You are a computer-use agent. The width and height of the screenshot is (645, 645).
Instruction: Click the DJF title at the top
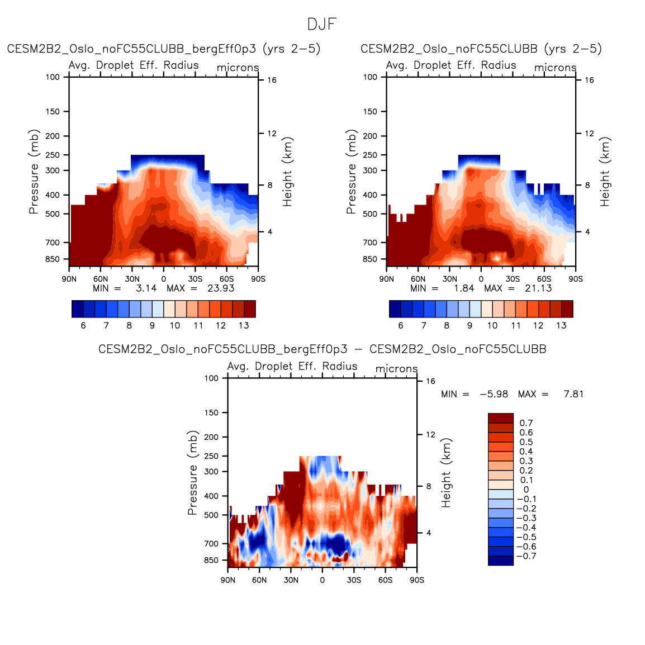322,25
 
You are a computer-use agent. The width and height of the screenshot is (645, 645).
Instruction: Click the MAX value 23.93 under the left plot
221,288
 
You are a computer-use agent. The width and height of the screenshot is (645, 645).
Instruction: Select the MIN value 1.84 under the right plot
464,288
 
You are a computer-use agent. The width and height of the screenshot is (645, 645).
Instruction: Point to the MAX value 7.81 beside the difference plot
573,394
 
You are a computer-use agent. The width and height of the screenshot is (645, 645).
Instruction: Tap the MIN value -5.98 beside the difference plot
494,394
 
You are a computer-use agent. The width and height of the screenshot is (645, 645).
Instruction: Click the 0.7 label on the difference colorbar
526,423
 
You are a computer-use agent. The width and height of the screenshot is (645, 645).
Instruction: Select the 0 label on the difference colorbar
526,490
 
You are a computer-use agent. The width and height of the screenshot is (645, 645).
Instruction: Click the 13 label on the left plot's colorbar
244,325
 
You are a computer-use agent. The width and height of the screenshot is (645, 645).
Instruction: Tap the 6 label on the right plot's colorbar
401,325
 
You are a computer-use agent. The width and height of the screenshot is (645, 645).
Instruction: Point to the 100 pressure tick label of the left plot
53,77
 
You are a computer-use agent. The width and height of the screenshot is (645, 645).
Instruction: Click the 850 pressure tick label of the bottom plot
212,560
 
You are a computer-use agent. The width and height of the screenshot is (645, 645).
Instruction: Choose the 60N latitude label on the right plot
418,279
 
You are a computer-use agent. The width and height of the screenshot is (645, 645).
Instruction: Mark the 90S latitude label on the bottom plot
417,580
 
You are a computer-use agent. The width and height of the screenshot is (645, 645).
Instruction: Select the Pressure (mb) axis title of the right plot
351,172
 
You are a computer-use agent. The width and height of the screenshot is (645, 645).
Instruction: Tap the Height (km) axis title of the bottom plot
446,473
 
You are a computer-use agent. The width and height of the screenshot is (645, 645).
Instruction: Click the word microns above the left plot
238,68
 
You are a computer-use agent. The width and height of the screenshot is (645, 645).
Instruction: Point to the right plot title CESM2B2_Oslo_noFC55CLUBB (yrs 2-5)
481,49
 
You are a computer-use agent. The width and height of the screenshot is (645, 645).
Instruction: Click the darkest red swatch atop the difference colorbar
500,418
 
